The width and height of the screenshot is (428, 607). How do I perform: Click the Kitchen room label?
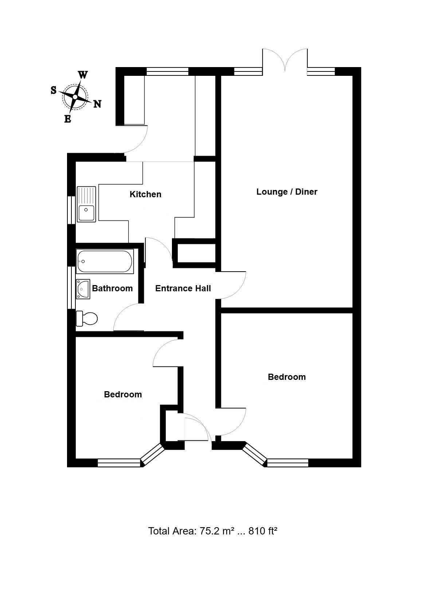pyautogui.click(x=145, y=194)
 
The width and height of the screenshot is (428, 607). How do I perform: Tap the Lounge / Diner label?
pyautogui.click(x=287, y=192)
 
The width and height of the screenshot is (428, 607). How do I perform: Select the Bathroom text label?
pyautogui.click(x=112, y=288)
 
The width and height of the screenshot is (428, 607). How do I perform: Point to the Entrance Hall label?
pyautogui.click(x=183, y=288)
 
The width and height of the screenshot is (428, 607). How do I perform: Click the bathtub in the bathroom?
pyautogui.click(x=105, y=261)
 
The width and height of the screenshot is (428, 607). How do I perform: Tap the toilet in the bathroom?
pyautogui.click(x=87, y=318)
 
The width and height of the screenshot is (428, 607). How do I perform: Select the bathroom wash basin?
pyautogui.click(x=83, y=289)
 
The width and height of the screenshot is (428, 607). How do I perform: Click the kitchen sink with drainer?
pyautogui.click(x=86, y=204)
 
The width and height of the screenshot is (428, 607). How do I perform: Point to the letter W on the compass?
pyautogui.click(x=83, y=75)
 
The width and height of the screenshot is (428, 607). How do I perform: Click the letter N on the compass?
pyautogui.click(x=98, y=104)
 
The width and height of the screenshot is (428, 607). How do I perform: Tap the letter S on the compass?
pyautogui.click(x=54, y=90)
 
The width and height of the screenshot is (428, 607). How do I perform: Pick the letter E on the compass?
pyautogui.click(x=68, y=119)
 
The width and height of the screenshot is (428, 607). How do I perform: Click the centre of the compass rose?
pyautogui.click(x=75, y=97)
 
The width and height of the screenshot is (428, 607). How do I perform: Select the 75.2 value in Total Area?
pyautogui.click(x=209, y=531)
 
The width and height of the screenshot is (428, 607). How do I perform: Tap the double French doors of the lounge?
pyautogui.click(x=285, y=60)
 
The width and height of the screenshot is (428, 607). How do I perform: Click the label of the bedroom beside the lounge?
pyautogui.click(x=287, y=377)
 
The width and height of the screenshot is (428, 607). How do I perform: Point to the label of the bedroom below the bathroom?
pyautogui.click(x=123, y=394)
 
